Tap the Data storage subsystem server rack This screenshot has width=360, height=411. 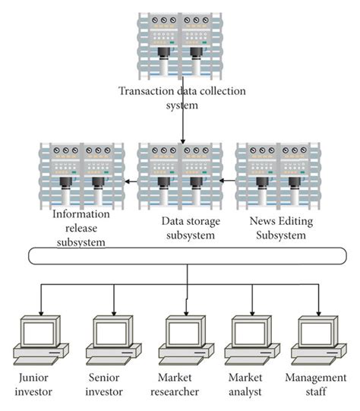[x=181, y=177]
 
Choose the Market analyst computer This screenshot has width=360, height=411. [x=253, y=339]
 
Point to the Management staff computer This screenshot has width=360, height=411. [x=318, y=339]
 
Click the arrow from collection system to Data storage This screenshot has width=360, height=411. [x=182, y=125]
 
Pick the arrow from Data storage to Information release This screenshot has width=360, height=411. [x=131, y=182]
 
